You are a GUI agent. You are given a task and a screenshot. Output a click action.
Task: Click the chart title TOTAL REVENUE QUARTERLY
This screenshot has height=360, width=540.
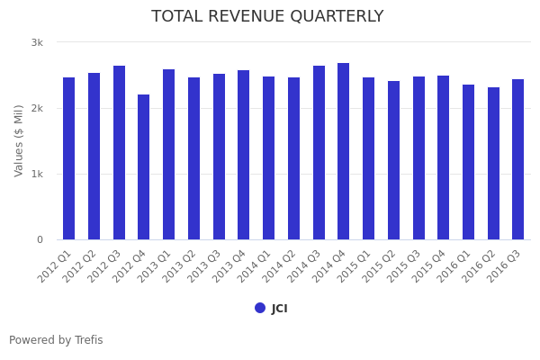tap(267, 17)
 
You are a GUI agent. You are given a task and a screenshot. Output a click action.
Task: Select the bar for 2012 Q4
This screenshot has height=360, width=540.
tap(144, 167)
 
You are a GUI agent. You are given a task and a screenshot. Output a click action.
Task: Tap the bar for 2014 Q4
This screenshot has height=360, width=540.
tap(344, 151)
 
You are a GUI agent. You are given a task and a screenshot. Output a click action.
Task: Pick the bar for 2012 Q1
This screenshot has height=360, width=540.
tap(69, 158)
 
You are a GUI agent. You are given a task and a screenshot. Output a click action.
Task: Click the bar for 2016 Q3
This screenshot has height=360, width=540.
tap(518, 159)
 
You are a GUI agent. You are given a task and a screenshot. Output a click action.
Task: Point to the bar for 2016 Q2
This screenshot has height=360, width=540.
tap(493, 164)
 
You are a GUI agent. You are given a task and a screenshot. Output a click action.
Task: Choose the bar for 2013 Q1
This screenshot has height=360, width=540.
tap(169, 155)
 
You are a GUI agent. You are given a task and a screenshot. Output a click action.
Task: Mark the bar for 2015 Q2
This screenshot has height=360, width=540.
tap(393, 160)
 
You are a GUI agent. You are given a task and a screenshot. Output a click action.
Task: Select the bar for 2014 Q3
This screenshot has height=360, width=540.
tap(319, 153)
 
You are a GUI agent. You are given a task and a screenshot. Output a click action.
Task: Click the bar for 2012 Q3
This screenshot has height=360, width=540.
tap(119, 153)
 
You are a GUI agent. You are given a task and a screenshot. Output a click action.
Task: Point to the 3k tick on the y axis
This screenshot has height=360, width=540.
tap(37, 42)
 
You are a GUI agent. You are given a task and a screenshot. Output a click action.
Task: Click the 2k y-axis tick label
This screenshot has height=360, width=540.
tap(37, 108)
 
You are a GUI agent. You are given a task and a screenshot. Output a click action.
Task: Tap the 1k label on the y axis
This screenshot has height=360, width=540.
tap(37, 174)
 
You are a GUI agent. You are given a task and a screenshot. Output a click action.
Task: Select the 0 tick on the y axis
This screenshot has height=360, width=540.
tap(40, 239)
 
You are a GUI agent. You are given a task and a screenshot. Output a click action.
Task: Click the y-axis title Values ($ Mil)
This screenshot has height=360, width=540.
tap(19, 140)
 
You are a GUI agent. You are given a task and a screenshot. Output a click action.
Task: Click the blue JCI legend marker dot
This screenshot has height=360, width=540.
tap(260, 308)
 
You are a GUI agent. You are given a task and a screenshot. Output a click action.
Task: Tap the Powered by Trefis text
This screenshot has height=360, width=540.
tap(56, 340)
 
